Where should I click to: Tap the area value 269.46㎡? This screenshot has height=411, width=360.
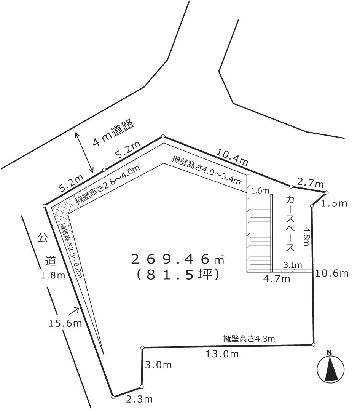(x=177, y=259)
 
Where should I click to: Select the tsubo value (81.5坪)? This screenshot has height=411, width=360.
(x=177, y=275)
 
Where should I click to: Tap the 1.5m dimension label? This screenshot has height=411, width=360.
(x=334, y=203)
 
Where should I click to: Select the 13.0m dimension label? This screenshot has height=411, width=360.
(x=222, y=354)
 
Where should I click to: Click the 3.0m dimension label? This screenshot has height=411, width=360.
(x=159, y=365)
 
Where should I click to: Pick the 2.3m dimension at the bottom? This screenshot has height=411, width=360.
(x=140, y=400)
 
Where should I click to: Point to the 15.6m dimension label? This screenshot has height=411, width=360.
(x=65, y=323)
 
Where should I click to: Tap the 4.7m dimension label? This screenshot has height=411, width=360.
(x=277, y=279)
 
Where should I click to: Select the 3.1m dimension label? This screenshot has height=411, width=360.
(x=292, y=265)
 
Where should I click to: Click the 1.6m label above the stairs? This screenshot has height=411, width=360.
(x=260, y=190)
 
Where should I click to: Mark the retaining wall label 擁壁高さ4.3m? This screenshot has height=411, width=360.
(x=249, y=339)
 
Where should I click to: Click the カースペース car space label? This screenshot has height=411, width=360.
(x=290, y=224)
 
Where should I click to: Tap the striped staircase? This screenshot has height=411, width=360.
(x=260, y=232)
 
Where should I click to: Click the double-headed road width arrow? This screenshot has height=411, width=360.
(x=84, y=153)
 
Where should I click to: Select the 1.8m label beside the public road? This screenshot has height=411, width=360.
(x=53, y=275)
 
